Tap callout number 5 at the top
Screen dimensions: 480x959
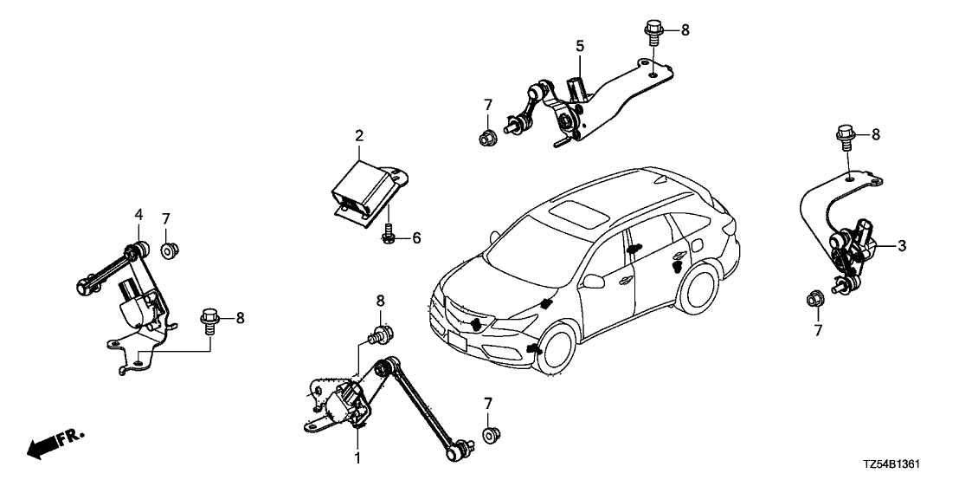[x=579, y=44]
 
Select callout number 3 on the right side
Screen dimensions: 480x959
[x=901, y=246]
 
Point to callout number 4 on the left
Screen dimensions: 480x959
[x=138, y=214]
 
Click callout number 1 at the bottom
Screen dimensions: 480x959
[x=355, y=456]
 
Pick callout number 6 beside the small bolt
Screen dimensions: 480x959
[x=416, y=237]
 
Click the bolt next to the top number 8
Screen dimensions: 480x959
[x=654, y=32]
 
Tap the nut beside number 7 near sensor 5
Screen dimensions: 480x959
[x=488, y=135]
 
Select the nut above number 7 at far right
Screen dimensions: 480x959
[x=814, y=299]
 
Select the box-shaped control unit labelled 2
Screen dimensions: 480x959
[x=359, y=186]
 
